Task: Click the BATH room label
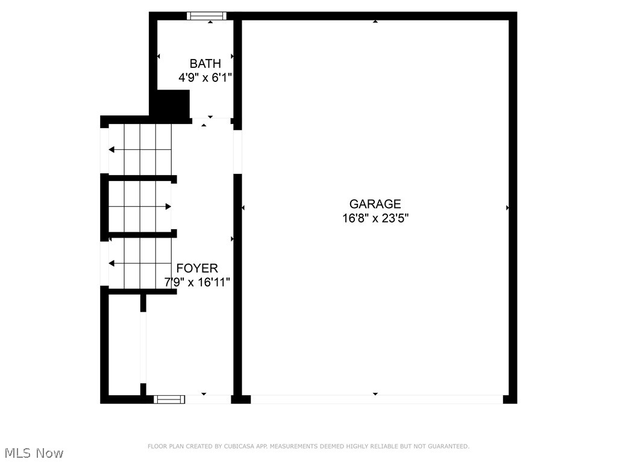pos(205,63)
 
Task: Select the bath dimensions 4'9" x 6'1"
pos(205,78)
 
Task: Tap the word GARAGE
pos(375,204)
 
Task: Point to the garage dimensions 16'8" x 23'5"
pos(375,218)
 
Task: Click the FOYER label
pos(197,268)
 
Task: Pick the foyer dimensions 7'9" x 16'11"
pos(197,282)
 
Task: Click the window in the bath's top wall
pos(206,16)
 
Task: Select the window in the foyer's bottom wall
pos(169,399)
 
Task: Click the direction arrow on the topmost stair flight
pos(111,149)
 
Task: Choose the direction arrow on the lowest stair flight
pos(111,263)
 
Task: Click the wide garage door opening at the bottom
pos(376,399)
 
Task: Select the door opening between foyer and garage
pos(237,152)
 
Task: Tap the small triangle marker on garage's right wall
pos(508,208)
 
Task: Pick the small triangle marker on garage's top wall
pos(375,21)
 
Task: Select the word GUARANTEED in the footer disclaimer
pos(448,446)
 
